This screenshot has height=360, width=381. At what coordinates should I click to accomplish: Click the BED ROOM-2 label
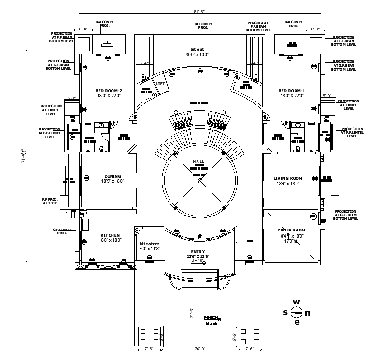click(x=108, y=91)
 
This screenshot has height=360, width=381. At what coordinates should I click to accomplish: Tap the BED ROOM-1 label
click(x=292, y=91)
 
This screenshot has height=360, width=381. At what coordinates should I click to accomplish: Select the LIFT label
click(x=161, y=84)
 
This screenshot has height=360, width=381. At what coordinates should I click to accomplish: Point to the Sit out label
click(x=197, y=49)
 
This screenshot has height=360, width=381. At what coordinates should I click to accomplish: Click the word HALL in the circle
click(x=199, y=161)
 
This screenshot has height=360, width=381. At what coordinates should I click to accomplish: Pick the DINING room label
click(x=113, y=176)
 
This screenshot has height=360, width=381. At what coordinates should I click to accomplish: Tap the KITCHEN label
click(x=110, y=235)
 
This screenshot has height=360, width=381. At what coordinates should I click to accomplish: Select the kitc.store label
click(x=149, y=244)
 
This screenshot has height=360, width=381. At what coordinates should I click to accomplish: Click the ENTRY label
click(x=198, y=251)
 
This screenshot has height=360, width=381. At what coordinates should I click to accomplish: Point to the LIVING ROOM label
click(x=288, y=178)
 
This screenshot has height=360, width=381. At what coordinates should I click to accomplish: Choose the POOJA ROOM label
click(x=291, y=230)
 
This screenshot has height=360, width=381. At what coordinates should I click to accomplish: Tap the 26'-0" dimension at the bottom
click(x=199, y=348)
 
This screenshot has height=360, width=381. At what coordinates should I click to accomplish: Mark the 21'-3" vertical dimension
click(x=192, y=313)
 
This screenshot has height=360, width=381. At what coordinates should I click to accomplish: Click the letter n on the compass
click(x=308, y=312)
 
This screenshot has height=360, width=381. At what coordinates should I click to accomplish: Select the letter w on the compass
click(x=297, y=302)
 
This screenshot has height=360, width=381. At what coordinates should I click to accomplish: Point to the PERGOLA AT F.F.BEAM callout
click(x=258, y=26)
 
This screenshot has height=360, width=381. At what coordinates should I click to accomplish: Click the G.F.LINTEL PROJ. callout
click(x=62, y=231)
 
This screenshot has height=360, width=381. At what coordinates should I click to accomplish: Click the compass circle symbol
click(x=297, y=312)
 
